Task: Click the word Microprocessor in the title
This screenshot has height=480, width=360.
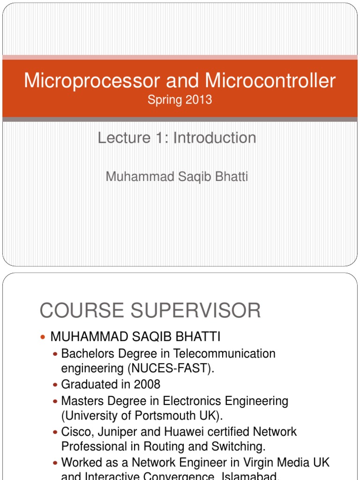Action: click(x=85, y=81)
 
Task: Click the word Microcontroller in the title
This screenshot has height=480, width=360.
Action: click(x=270, y=81)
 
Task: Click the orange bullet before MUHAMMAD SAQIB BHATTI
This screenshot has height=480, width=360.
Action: click(x=44, y=337)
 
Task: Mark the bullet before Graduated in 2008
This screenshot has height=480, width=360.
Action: click(x=56, y=385)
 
